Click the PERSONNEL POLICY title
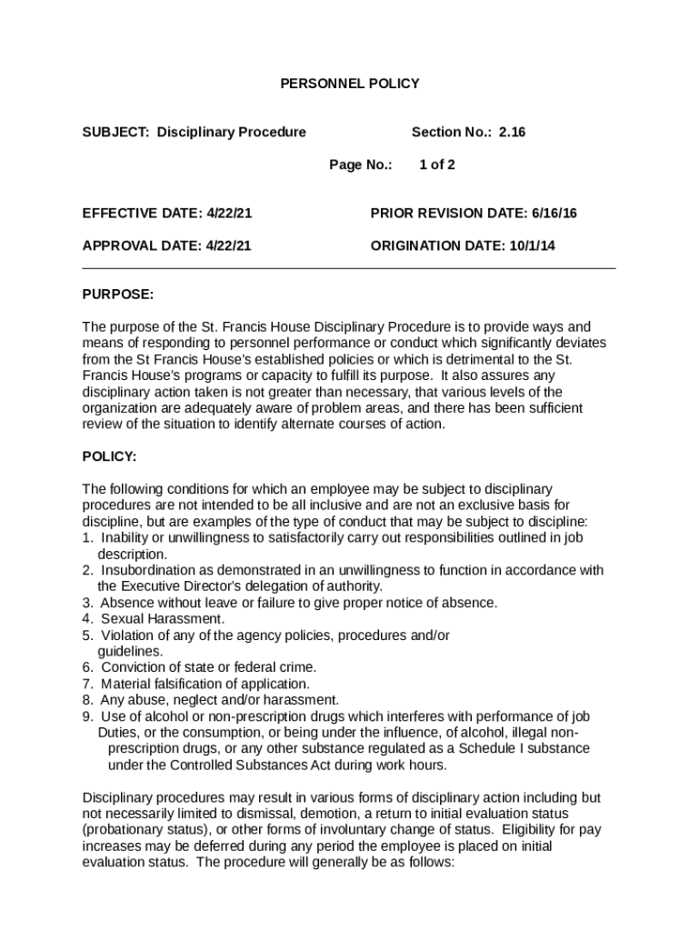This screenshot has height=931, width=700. coord(349,84)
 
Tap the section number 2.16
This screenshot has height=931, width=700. coord(512,132)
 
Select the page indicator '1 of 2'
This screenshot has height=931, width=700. coord(436,165)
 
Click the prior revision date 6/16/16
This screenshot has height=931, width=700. coord(555,214)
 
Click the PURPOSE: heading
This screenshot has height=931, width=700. coord(118,295)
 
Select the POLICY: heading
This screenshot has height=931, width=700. coord(109,456)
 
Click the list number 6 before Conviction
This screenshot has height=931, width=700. coord(86,667)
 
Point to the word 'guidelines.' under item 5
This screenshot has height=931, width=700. coord(131,651)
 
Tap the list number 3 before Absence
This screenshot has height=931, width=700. coord(86,603)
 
